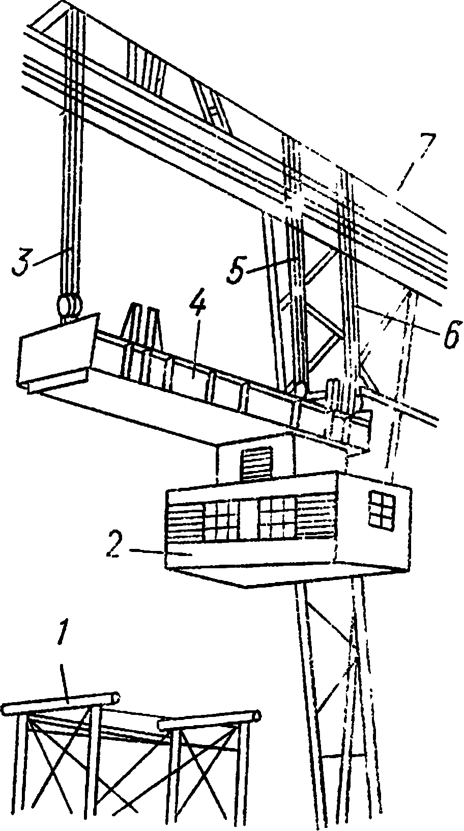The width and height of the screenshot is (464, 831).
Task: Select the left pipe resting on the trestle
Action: pos(61,702)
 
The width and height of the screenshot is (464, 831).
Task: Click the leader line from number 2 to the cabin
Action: pos(148,551)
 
